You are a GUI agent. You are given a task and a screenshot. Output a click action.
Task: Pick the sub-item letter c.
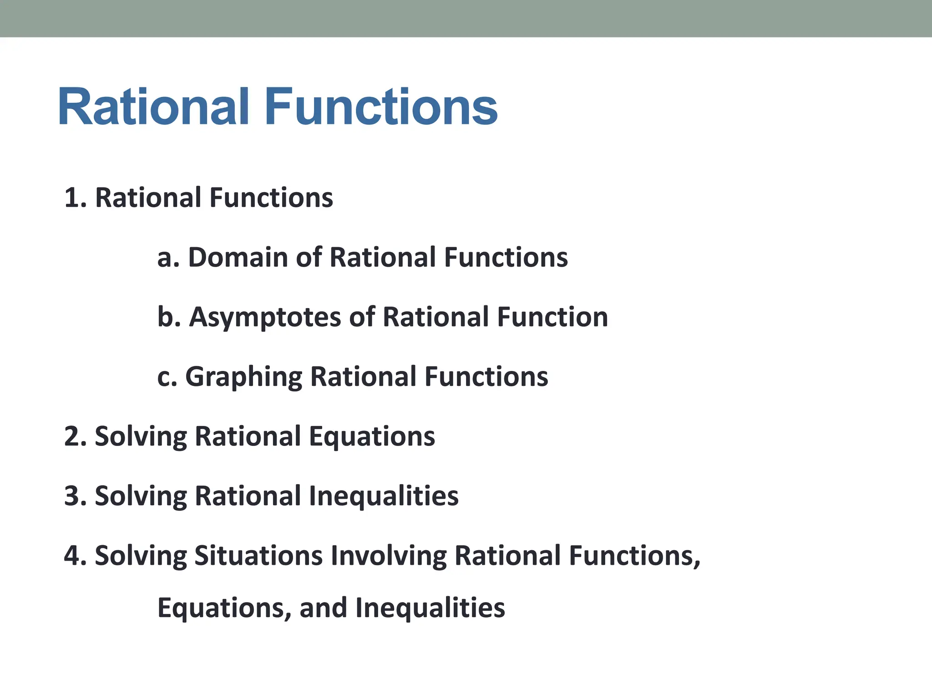[x=164, y=377]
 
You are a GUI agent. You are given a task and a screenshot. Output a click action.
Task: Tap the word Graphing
[x=243, y=377]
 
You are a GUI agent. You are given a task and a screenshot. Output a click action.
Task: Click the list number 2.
[x=73, y=436]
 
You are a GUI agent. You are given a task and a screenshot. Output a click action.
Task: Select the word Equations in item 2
[x=372, y=436]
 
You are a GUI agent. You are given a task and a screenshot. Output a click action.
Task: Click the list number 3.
[x=73, y=496]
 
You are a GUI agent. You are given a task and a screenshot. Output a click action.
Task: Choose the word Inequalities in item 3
[x=383, y=496]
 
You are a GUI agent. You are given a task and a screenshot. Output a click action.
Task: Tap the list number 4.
[x=73, y=556]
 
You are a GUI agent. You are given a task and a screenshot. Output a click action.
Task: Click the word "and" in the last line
[x=323, y=608]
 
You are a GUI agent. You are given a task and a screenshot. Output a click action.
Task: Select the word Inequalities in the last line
[x=430, y=608]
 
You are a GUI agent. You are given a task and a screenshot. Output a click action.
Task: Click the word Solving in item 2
[x=141, y=436]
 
